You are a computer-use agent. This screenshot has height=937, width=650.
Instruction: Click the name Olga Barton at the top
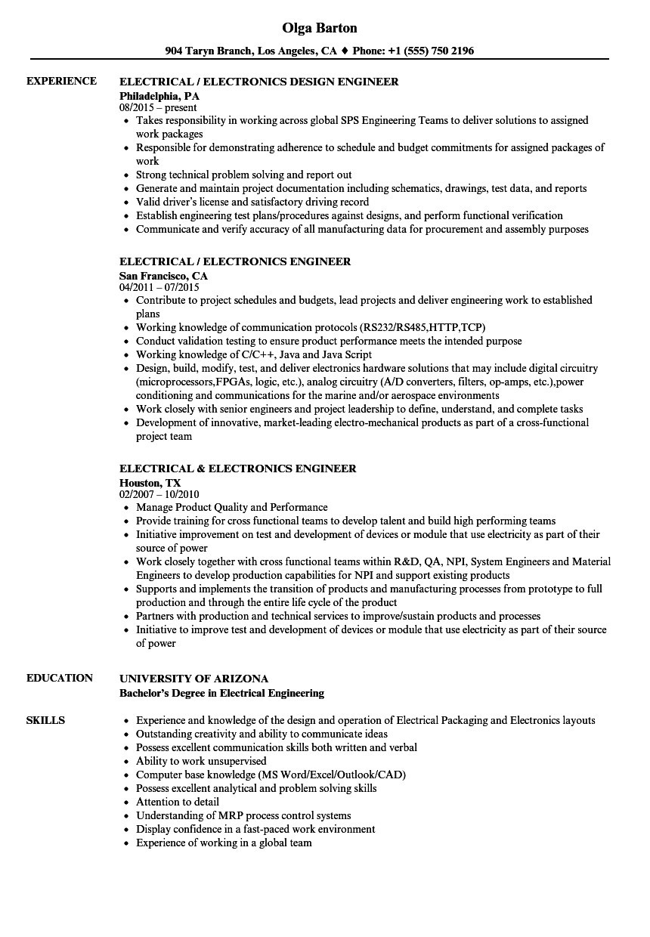pyautogui.click(x=320, y=28)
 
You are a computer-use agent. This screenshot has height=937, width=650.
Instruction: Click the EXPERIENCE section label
pyautogui.click(x=61, y=81)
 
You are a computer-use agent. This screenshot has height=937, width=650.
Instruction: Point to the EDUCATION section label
pyautogui.click(x=60, y=678)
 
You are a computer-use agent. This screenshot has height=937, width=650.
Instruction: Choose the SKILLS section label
pyautogui.click(x=45, y=720)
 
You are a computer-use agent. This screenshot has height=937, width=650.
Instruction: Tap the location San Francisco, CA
pyautogui.click(x=163, y=276)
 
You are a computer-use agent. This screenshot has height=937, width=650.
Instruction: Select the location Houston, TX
pyautogui.click(x=150, y=483)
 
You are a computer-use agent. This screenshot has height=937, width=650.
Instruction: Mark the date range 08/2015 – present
pyautogui.click(x=159, y=108)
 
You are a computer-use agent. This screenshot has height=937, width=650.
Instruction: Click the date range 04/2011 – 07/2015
pyautogui.click(x=159, y=288)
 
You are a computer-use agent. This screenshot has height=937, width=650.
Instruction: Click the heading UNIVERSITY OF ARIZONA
pyautogui.click(x=193, y=679)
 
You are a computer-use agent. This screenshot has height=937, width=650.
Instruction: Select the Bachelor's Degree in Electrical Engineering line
pyautogui.click(x=222, y=693)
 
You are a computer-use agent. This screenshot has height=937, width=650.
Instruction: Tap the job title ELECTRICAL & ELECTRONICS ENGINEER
pyautogui.click(x=238, y=468)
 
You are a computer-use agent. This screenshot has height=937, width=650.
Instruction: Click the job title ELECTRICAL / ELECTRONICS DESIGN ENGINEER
pyautogui.click(x=259, y=82)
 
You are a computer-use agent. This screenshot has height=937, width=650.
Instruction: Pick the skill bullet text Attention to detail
pyautogui.click(x=178, y=802)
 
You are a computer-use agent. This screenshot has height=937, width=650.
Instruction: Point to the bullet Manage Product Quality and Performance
pyautogui.click(x=232, y=507)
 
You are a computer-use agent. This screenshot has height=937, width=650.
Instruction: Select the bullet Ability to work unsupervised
pyautogui.click(x=201, y=761)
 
